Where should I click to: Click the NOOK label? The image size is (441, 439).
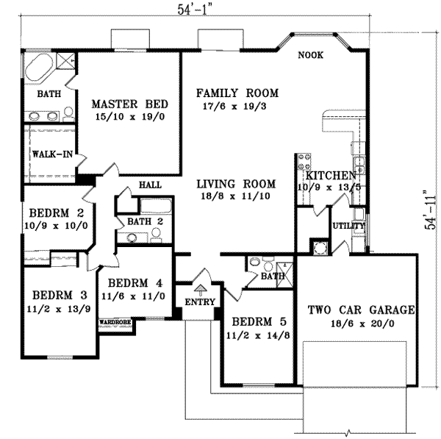coord(310,55)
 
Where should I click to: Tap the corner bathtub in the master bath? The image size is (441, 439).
coord(38,67)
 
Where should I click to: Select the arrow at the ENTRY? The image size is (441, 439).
coord(200,290)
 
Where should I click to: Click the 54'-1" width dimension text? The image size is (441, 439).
coord(194,10)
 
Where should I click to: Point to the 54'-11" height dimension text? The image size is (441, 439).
coord(430,210)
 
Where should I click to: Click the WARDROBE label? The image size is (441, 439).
coord(115,321)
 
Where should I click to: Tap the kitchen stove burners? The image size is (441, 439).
coord(304,162)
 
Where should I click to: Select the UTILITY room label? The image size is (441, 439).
coord(348,226)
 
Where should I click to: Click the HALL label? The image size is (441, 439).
coord(150,185)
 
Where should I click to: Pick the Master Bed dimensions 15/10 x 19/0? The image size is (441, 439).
coord(130,116)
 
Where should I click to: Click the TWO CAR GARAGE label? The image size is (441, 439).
coord(362,310)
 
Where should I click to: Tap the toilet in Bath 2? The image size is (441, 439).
coord(156,235)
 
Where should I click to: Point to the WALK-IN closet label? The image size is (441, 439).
coord(52,154)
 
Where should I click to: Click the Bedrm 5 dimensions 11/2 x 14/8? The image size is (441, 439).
coord(258,335)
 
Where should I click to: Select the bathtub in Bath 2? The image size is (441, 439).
coord(156,206)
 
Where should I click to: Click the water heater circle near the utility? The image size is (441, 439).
coord(319,248)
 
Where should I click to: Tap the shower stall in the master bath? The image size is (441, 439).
coord(65,60)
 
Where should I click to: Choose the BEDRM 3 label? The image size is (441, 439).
coord(60,295)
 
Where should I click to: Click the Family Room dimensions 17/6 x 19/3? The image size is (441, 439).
coord(234,107)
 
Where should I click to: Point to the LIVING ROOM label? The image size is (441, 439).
coord(236,184)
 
